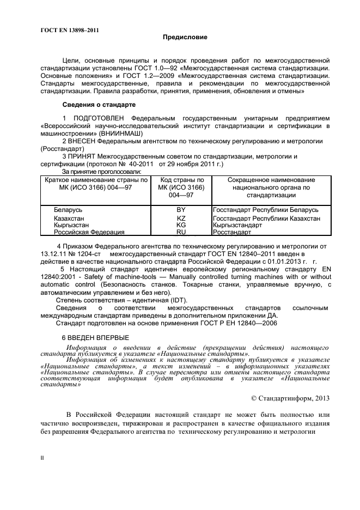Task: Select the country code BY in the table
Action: [181, 210]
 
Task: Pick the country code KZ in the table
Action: [181, 218]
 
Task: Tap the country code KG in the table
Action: [181, 224]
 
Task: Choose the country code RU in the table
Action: [181, 232]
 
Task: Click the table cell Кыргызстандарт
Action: [237, 224]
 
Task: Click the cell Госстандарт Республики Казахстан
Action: [266, 218]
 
